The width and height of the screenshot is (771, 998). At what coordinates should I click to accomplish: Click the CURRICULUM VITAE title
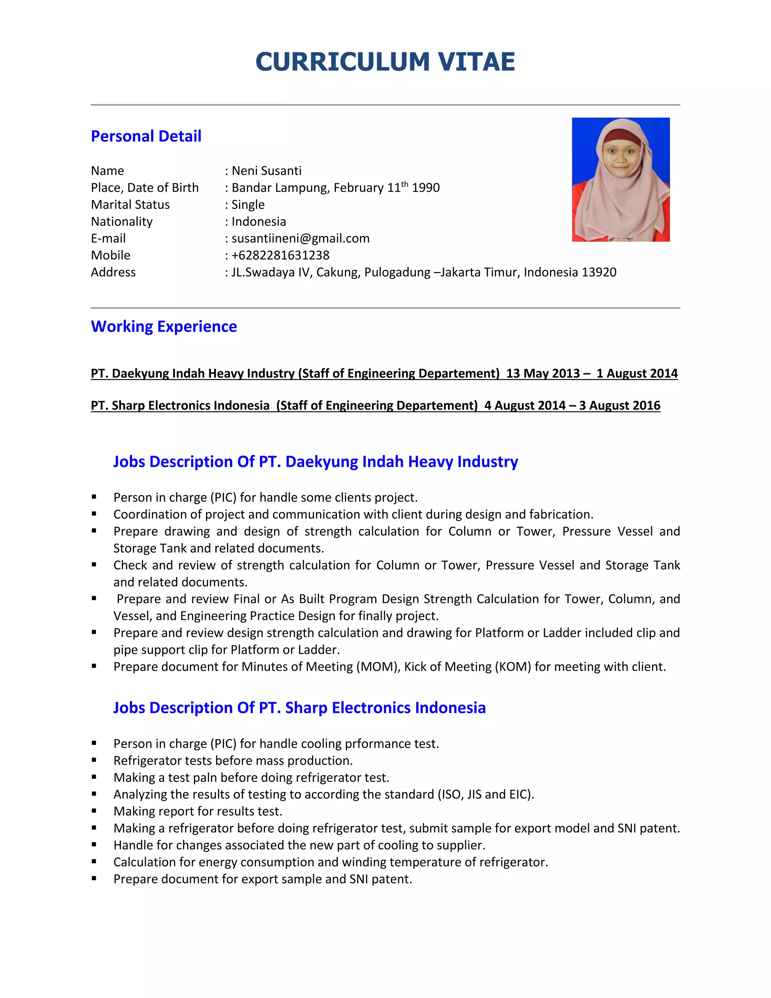click(385, 62)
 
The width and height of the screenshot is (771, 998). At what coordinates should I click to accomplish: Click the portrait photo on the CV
click(620, 179)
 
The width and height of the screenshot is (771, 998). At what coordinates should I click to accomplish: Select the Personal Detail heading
click(146, 136)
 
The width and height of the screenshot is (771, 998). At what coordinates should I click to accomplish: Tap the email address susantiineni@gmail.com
click(300, 238)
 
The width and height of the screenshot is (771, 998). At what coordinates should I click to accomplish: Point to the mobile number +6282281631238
click(280, 255)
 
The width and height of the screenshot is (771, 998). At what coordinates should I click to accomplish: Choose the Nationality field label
click(122, 221)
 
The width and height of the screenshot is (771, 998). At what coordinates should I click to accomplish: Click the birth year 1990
click(425, 188)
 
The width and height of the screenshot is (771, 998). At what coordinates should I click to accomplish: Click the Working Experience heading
click(163, 327)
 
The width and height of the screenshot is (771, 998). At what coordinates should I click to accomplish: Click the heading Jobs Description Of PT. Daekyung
click(315, 462)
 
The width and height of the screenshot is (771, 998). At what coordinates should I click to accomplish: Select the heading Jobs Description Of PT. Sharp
click(299, 708)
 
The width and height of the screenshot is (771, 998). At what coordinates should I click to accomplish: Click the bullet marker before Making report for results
click(94, 811)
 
